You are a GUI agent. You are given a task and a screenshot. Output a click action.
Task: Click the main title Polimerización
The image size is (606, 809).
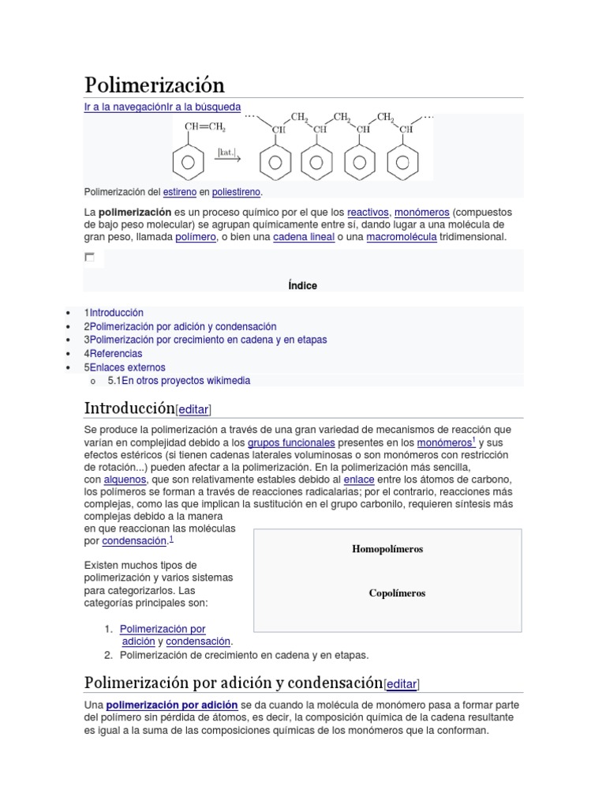coord(155,85)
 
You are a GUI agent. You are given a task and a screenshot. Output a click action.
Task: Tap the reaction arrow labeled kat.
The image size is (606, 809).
coord(227,156)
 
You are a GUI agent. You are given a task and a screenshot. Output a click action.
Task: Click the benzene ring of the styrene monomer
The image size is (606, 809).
coord(188,163)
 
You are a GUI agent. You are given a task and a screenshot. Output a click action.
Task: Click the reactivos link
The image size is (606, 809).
coord(368,213)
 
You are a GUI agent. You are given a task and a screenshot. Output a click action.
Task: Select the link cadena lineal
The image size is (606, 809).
coord(304,237)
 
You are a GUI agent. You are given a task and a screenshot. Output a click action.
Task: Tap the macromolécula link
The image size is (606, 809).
coord(401,237)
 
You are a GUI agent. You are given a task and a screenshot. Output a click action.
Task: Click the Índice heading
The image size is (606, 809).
coord(303,285)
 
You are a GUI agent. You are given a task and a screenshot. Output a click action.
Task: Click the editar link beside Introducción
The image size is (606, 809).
coord(193,409)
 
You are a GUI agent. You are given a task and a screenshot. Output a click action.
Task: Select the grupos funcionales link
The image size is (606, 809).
coord(291,443)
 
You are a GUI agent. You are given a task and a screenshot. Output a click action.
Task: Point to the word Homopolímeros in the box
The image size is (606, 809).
coord(387,549)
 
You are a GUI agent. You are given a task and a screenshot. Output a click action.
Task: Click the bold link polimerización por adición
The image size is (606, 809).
coord(171,704)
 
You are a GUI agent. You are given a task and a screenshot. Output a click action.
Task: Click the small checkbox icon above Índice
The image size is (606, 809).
coord(89,257)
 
